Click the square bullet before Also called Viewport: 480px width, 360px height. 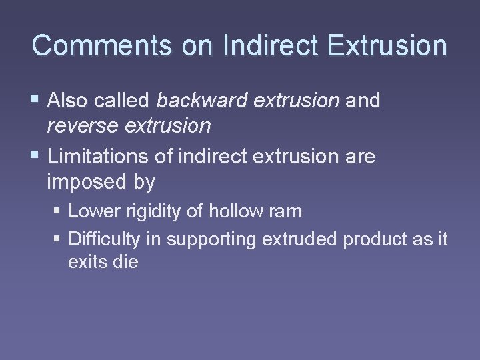(x=35, y=100)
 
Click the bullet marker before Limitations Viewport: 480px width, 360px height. (x=35, y=157)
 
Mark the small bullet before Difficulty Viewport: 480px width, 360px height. (x=58, y=239)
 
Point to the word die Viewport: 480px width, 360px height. (x=125, y=262)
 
